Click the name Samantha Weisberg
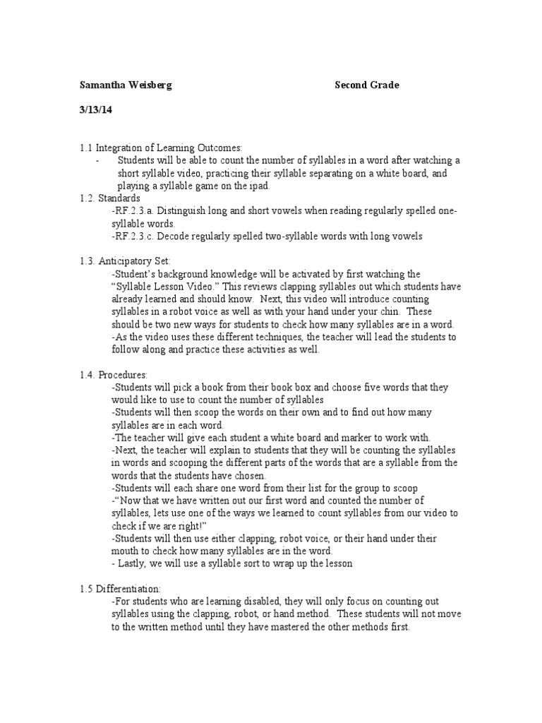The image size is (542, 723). point(126,85)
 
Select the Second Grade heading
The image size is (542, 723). point(366,85)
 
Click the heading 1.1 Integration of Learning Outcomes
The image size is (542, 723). point(160,148)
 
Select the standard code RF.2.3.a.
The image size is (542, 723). point(137,211)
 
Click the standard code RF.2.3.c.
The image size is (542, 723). point(137,237)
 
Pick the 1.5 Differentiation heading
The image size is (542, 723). point(120,589)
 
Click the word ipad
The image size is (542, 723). point(260,186)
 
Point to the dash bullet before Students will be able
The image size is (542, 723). point(97,161)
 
